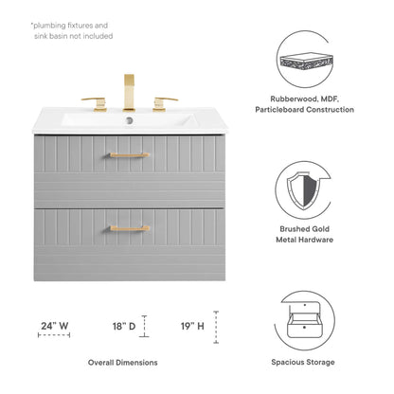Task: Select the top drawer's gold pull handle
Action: coord(130,154)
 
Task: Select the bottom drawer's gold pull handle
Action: coord(130,228)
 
